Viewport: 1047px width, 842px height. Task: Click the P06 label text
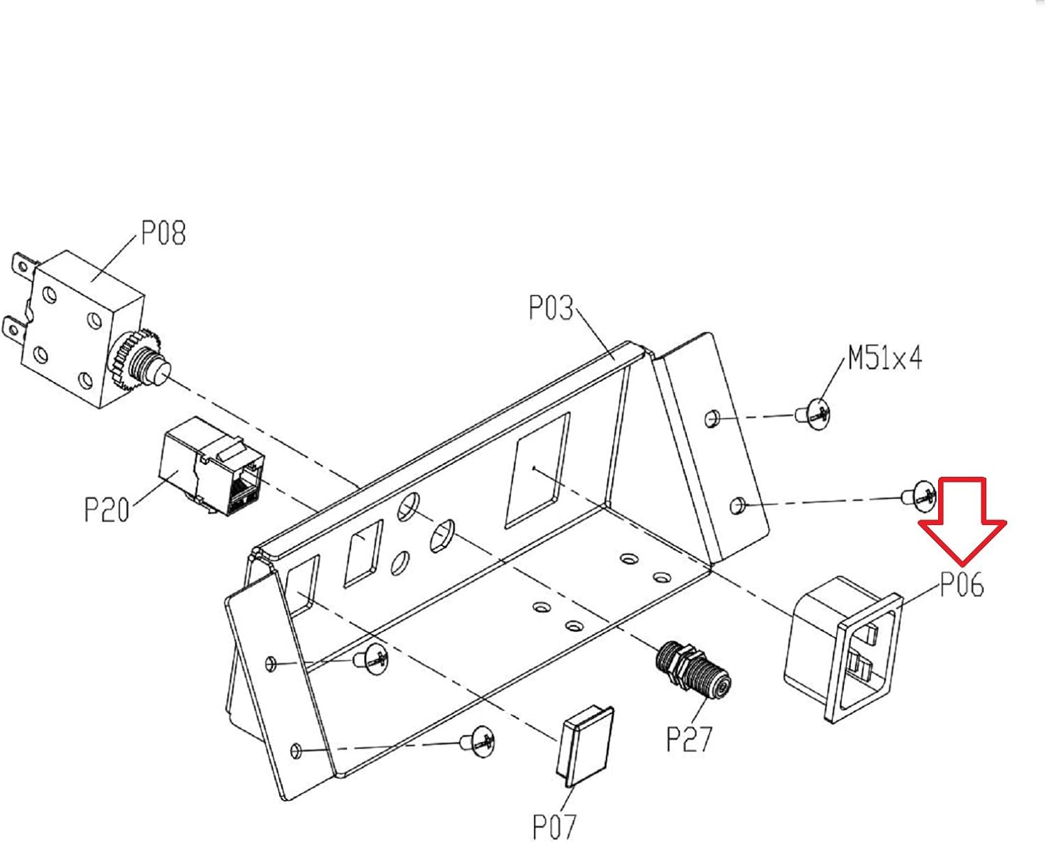(962, 584)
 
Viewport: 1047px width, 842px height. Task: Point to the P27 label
(689, 739)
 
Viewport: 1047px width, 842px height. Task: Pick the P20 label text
(107, 510)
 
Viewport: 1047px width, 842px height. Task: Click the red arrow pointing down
(963, 522)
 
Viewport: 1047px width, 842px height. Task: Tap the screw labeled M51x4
(813, 414)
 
